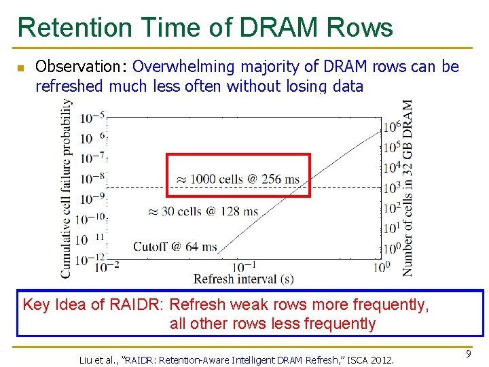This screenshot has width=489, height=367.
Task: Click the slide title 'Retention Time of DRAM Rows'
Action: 205,28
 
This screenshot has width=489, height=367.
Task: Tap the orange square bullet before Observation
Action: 20,68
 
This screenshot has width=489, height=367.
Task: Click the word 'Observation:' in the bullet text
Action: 81,67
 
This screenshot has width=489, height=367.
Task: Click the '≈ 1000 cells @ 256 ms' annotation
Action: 238,179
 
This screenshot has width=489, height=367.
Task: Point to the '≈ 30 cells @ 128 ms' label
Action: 203,211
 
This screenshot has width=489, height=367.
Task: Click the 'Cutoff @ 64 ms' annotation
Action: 175,246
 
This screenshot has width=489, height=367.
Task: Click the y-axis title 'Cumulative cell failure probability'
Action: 67,188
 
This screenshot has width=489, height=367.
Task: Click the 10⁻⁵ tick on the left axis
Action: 92,118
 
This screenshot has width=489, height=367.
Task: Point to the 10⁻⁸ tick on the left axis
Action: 92,178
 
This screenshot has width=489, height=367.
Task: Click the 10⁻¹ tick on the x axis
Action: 244,266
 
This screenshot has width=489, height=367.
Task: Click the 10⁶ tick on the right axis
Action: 391,127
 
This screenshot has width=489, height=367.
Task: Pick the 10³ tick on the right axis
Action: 391,188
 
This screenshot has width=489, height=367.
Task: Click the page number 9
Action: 469,354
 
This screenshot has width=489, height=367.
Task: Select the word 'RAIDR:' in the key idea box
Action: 142,304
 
